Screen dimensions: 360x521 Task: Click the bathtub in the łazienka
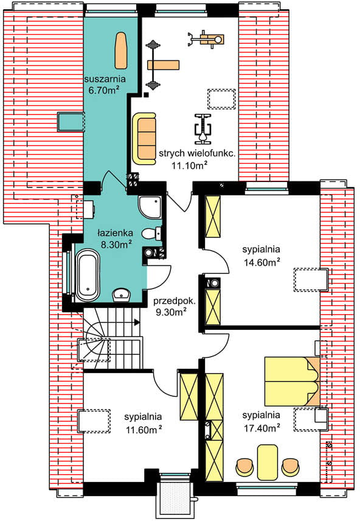click(88, 275)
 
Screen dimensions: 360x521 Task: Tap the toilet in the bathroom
click(151, 233)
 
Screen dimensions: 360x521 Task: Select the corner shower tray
click(150, 207)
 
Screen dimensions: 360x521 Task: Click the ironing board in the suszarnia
click(120, 50)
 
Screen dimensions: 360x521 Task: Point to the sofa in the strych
click(144, 138)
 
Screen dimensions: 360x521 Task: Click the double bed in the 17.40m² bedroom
click(292, 382)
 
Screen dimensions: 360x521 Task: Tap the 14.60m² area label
click(261, 262)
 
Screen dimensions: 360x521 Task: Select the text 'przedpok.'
click(175, 301)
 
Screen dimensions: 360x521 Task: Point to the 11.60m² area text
click(144, 430)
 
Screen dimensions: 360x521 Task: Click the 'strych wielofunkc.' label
click(197, 153)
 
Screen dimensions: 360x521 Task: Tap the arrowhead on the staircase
click(136, 321)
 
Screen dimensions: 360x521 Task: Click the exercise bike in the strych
click(202, 128)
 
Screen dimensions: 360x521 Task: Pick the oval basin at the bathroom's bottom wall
click(122, 295)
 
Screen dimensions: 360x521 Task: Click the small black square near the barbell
click(146, 96)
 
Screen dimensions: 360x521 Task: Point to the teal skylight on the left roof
click(71, 122)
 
